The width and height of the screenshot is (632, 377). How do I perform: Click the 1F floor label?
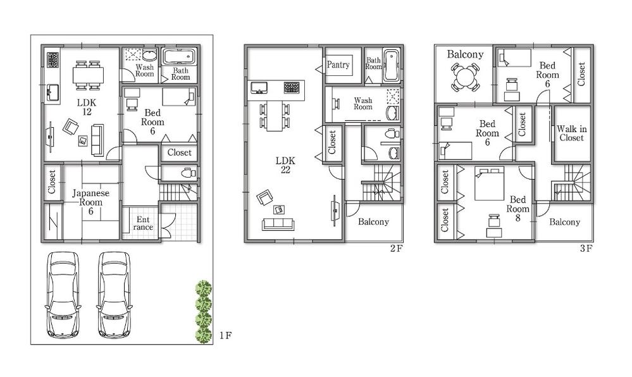(226, 335)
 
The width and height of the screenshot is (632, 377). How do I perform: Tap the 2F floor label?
(396, 248)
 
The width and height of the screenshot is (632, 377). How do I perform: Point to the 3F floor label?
(586, 248)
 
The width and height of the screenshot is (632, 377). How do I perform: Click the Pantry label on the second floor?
(338, 65)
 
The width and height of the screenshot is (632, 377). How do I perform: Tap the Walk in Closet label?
(572, 133)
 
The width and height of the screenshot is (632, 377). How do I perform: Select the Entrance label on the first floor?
(144, 223)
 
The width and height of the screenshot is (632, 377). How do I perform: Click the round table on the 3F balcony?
(465, 79)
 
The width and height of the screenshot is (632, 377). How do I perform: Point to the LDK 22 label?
(285, 165)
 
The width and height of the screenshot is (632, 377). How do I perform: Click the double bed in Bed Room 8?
(489, 183)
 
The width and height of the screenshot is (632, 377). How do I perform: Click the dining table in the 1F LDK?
(87, 75)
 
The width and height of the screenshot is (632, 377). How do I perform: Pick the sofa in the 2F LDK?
(278, 224)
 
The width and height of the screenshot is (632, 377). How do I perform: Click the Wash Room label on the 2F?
(363, 104)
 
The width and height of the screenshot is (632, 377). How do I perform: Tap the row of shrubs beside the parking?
(203, 312)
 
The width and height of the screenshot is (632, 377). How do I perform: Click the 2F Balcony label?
(373, 222)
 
